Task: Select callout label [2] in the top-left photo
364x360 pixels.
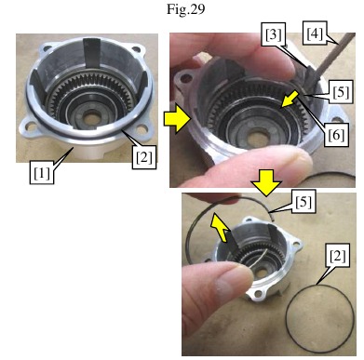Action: click(x=143, y=159)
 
